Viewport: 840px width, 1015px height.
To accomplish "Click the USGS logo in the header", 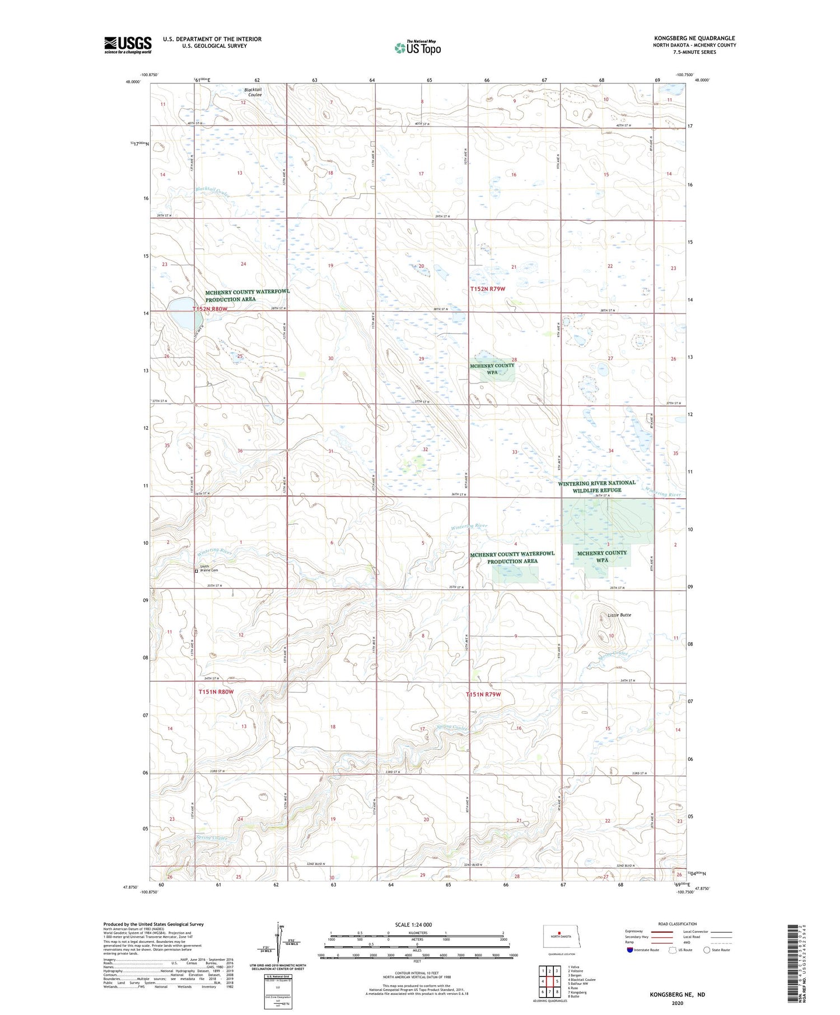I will pyautogui.click(x=128, y=45).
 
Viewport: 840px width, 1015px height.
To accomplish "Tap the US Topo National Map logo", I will pyautogui.click(x=418, y=48).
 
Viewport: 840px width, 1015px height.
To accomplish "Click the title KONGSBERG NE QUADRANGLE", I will pyautogui.click(x=694, y=38).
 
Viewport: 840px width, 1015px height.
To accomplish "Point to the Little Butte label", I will pyautogui.click(x=619, y=615).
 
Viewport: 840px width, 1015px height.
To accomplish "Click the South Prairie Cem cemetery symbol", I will pyautogui.click(x=196, y=571).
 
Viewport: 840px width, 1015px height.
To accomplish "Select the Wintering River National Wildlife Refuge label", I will pyautogui.click(x=597, y=486).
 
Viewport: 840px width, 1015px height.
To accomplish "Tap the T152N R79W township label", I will pyautogui.click(x=487, y=289).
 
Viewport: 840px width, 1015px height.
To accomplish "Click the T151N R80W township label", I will pyautogui.click(x=216, y=692).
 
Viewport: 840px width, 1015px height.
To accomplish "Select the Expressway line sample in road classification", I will pyautogui.click(x=664, y=932).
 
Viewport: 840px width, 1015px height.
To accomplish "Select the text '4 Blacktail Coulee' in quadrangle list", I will pyautogui.click(x=582, y=979).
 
